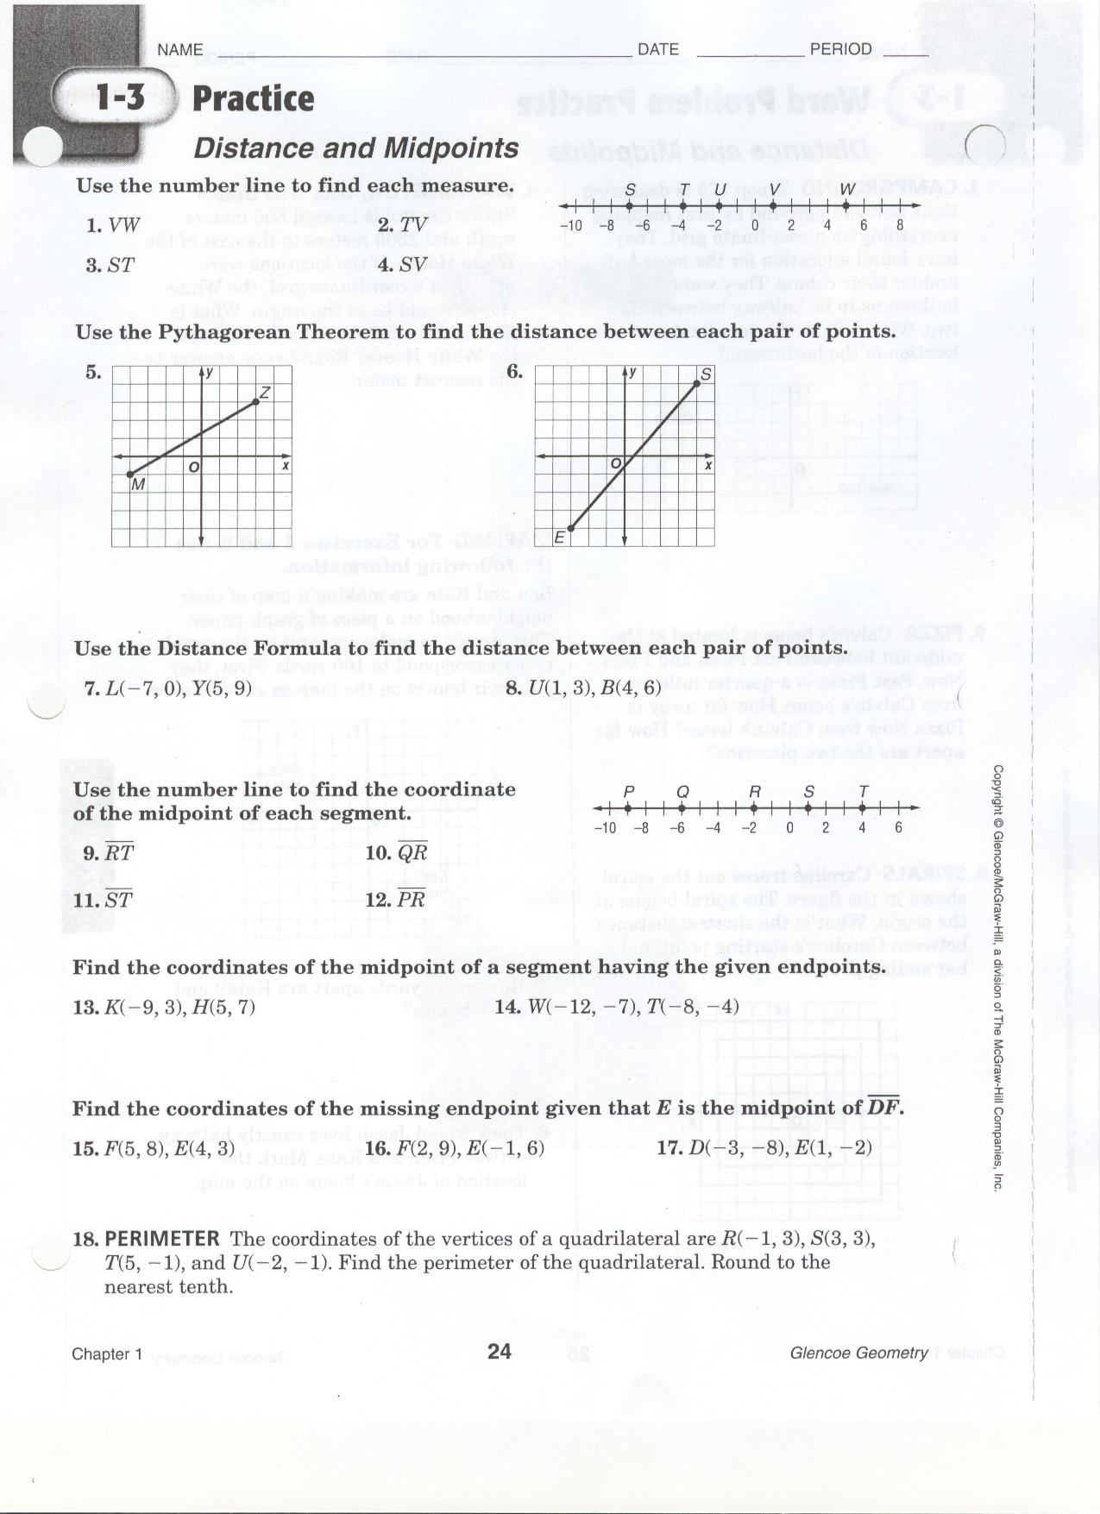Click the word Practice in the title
point(253,98)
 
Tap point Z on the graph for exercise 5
point(256,402)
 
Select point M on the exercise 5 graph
point(129,474)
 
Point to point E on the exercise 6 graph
point(570,528)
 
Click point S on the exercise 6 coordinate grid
point(697,384)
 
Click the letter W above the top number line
point(847,190)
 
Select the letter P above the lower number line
point(628,792)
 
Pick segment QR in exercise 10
point(412,853)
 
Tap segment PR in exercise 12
point(412,899)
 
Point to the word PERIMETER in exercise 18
point(162,1240)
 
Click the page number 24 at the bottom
point(500,1351)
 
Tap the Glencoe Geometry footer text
point(858,1354)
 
